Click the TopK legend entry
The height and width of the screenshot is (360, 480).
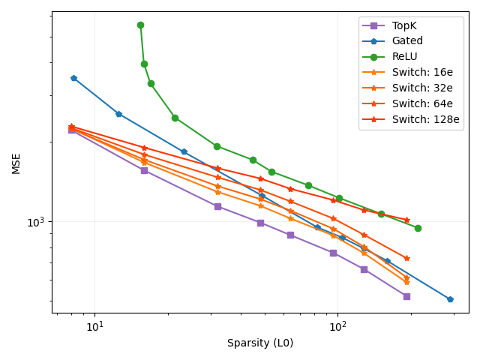pos(404,25)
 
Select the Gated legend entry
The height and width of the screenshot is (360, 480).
pos(407,41)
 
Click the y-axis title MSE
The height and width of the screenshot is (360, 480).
pos(16,163)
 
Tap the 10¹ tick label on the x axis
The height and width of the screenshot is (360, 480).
pos(94,326)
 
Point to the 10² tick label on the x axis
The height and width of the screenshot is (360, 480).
pos(337,326)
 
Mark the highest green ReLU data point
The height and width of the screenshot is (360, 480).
pos(140,25)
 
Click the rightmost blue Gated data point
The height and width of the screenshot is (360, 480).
pos(450,299)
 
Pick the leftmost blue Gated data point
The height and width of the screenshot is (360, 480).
pos(73,78)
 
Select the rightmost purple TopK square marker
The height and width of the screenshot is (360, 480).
pos(406,296)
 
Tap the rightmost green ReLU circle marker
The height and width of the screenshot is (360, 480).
pos(418,228)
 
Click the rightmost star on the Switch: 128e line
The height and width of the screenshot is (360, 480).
pos(407,220)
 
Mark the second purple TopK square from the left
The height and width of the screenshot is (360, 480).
pos(144,170)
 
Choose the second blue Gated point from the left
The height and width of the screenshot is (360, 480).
pos(118,114)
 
